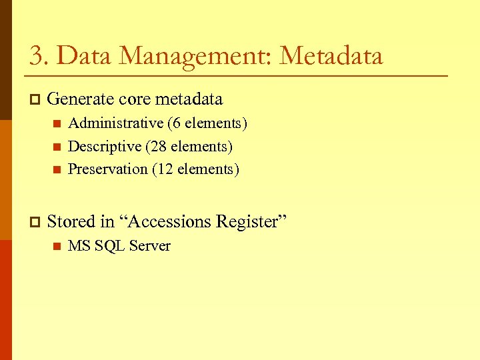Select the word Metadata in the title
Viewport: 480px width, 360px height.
click(331, 56)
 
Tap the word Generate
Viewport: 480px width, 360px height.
click(81, 100)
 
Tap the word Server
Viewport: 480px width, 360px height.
click(150, 246)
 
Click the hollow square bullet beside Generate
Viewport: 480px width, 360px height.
click(35, 101)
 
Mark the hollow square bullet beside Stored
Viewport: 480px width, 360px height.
click(35, 222)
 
